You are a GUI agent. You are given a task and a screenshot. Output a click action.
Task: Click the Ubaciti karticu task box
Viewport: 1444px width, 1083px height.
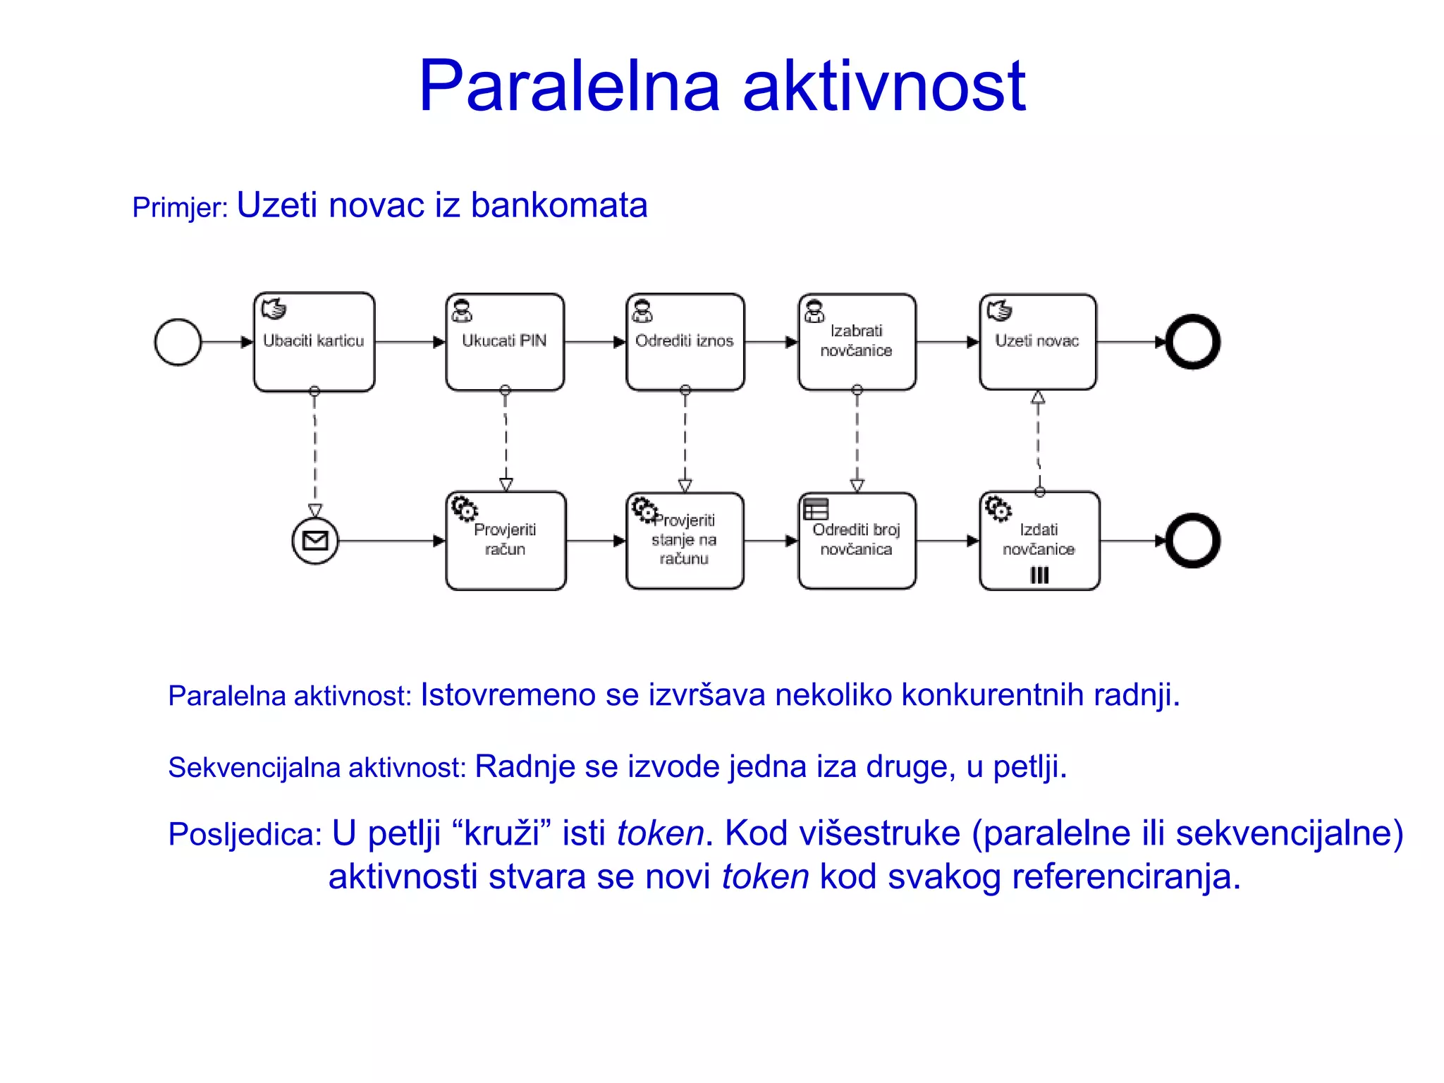314,342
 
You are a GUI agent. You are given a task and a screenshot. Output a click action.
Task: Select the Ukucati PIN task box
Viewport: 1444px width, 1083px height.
505,342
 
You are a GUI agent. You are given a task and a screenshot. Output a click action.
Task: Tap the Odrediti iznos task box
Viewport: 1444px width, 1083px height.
685,342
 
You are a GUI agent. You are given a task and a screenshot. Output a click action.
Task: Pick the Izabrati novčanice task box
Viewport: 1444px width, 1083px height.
857,342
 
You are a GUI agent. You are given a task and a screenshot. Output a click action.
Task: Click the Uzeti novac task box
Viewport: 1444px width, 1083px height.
1037,342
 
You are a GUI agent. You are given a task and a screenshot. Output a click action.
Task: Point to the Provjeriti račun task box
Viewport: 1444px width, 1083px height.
506,541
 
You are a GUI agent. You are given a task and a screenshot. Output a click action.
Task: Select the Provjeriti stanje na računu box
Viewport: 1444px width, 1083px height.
685,541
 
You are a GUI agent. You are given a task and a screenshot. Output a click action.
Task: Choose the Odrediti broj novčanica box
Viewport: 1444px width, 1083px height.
857,541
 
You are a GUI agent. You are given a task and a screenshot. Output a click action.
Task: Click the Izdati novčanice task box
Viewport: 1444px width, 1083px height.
1039,541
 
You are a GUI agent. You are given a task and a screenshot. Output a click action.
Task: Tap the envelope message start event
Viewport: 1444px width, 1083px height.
315,541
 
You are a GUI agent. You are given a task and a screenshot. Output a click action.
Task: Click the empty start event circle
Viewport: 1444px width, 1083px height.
178,342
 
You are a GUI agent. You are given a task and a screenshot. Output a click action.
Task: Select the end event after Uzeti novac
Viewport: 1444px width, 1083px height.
1192,342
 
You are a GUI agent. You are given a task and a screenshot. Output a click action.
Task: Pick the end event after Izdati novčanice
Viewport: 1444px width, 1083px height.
1192,541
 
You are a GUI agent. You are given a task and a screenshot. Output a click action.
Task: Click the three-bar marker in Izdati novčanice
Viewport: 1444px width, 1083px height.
1039,575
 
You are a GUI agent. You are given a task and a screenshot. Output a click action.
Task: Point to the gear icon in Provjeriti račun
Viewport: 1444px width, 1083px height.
464,508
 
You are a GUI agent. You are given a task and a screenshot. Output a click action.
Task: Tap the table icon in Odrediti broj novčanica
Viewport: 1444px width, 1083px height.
816,508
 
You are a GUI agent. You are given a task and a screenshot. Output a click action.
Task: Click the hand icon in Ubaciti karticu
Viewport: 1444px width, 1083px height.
274,309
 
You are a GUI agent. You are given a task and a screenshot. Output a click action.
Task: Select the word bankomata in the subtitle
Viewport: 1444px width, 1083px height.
558,206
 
